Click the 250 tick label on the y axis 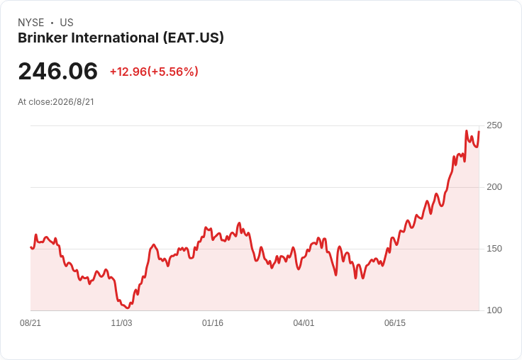494,125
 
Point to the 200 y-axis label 494,187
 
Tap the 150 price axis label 494,249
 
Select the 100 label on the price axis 494,310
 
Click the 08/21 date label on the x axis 30,322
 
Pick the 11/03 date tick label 121,322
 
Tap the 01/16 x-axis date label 213,322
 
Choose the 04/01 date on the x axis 304,322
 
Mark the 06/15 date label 395,322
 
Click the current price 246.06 58,71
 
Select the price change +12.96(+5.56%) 154,72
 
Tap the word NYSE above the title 31,23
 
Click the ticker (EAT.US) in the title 194,38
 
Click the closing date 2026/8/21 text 73,102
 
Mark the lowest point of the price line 128,308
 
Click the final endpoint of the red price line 479,132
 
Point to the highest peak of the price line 467,131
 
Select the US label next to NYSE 67,23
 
